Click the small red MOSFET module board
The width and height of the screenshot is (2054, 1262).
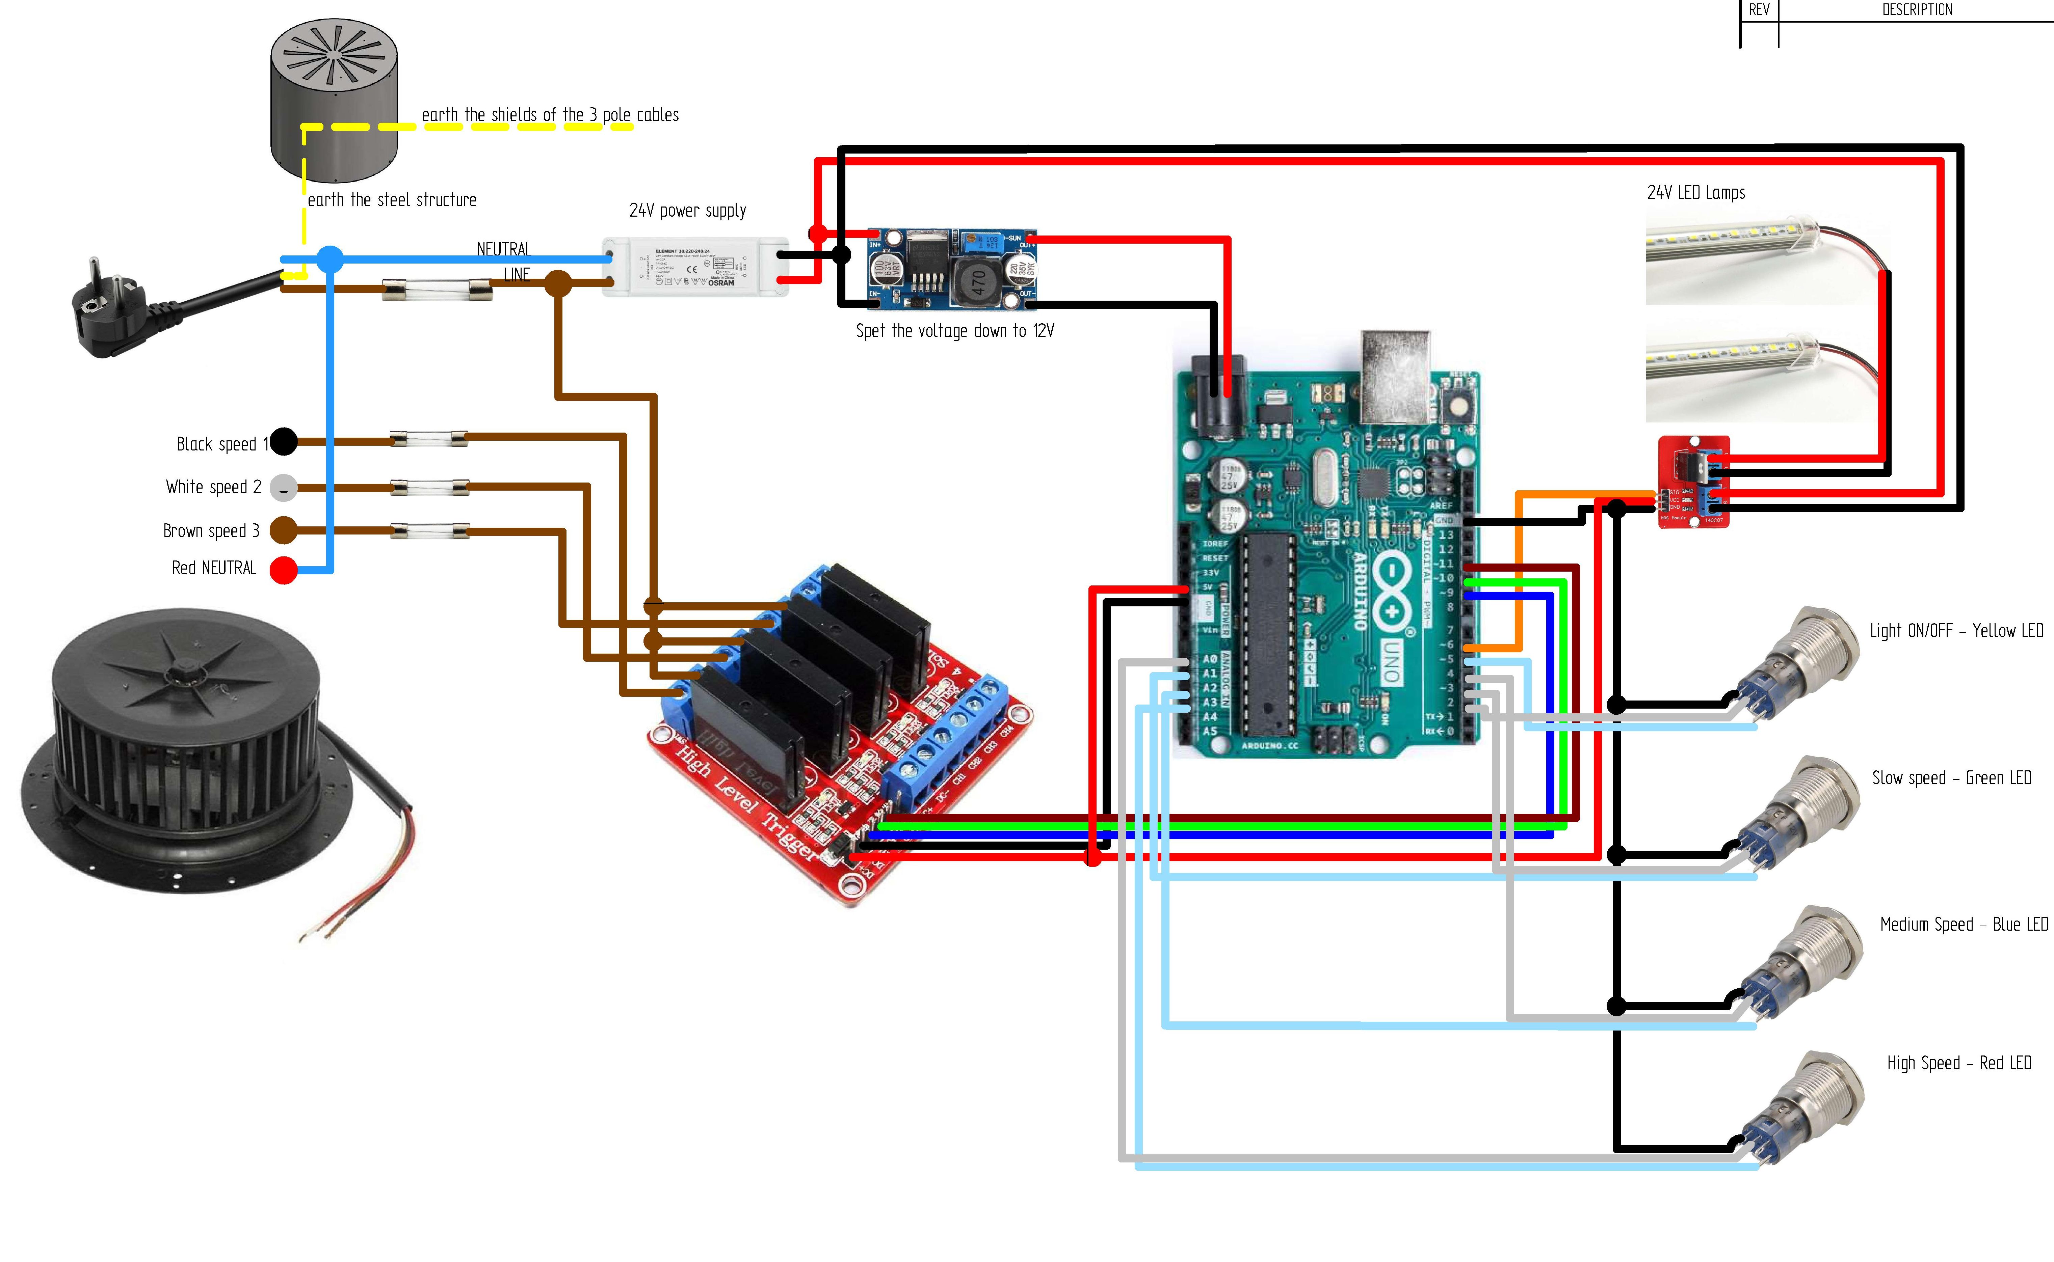1692,482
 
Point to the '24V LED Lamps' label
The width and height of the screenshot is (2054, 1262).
1696,193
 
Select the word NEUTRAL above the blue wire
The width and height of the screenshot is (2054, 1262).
503,249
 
